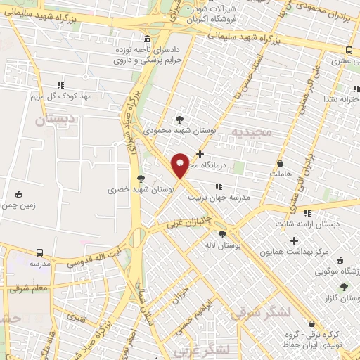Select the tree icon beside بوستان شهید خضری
pyautogui.click(x=141, y=179)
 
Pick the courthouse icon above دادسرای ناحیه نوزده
pyautogui.click(x=146, y=39)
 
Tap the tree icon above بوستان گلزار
pyautogui.click(x=343, y=286)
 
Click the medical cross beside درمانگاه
pyautogui.click(x=200, y=154)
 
